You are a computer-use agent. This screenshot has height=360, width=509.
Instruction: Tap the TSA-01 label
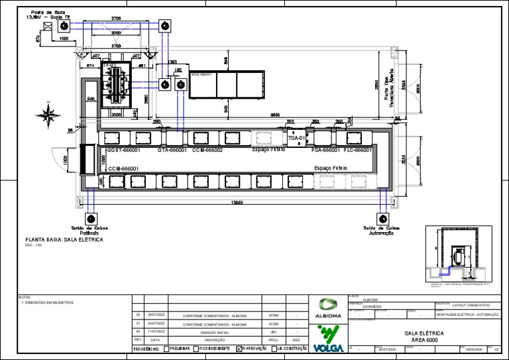point(296,139)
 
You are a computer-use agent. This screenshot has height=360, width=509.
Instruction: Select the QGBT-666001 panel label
point(123,150)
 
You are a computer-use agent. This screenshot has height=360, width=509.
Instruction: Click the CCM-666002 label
point(207,150)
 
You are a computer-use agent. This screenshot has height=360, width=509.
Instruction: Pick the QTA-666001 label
point(172,150)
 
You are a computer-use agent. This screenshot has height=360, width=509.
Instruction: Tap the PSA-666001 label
point(325,150)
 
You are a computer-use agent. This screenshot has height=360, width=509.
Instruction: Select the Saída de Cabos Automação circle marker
point(382,218)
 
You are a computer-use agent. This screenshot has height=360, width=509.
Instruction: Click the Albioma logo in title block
point(329,308)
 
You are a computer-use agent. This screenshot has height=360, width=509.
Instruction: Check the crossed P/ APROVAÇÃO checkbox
point(239,348)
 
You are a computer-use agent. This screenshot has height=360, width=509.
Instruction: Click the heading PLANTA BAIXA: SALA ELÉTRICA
point(64,239)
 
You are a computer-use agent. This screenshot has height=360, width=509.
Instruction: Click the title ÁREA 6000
point(422,339)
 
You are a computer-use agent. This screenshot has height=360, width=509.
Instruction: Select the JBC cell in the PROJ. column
point(273,331)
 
